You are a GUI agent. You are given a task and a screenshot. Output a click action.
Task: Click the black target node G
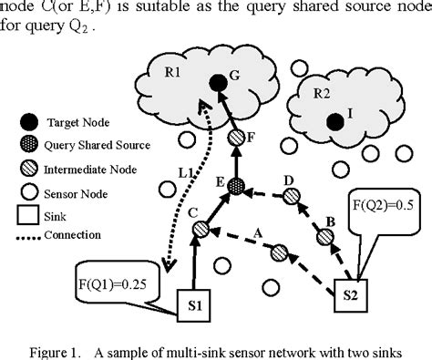[x=218, y=84]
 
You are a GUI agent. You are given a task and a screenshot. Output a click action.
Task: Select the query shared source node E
[x=237, y=186]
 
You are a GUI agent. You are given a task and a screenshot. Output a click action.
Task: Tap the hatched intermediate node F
[x=235, y=138]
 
